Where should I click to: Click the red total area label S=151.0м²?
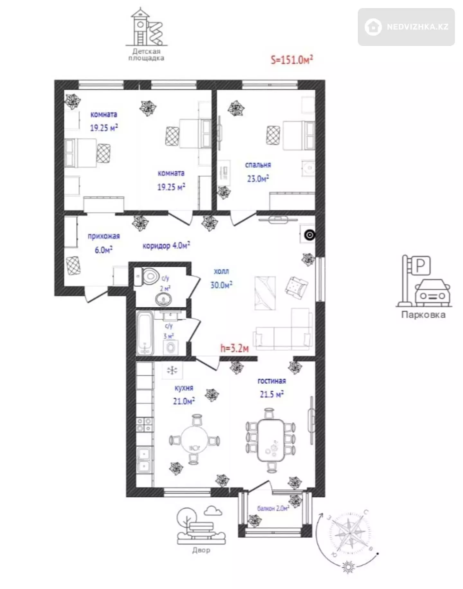[x=292, y=59]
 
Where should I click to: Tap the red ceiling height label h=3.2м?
[x=234, y=348]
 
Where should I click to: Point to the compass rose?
[x=349, y=533]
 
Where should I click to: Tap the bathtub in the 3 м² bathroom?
[x=145, y=332]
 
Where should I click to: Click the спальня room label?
[x=258, y=165]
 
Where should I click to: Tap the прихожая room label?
[x=104, y=236]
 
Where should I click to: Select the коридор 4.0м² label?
[x=166, y=246]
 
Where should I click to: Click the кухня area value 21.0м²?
[x=184, y=401]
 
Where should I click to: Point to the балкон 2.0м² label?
[x=273, y=508]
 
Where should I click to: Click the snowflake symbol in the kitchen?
[x=172, y=370]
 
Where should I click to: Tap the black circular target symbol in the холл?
[x=310, y=235]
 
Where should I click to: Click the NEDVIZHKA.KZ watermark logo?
[x=406, y=27]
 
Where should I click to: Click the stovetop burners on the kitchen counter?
[x=144, y=425]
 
